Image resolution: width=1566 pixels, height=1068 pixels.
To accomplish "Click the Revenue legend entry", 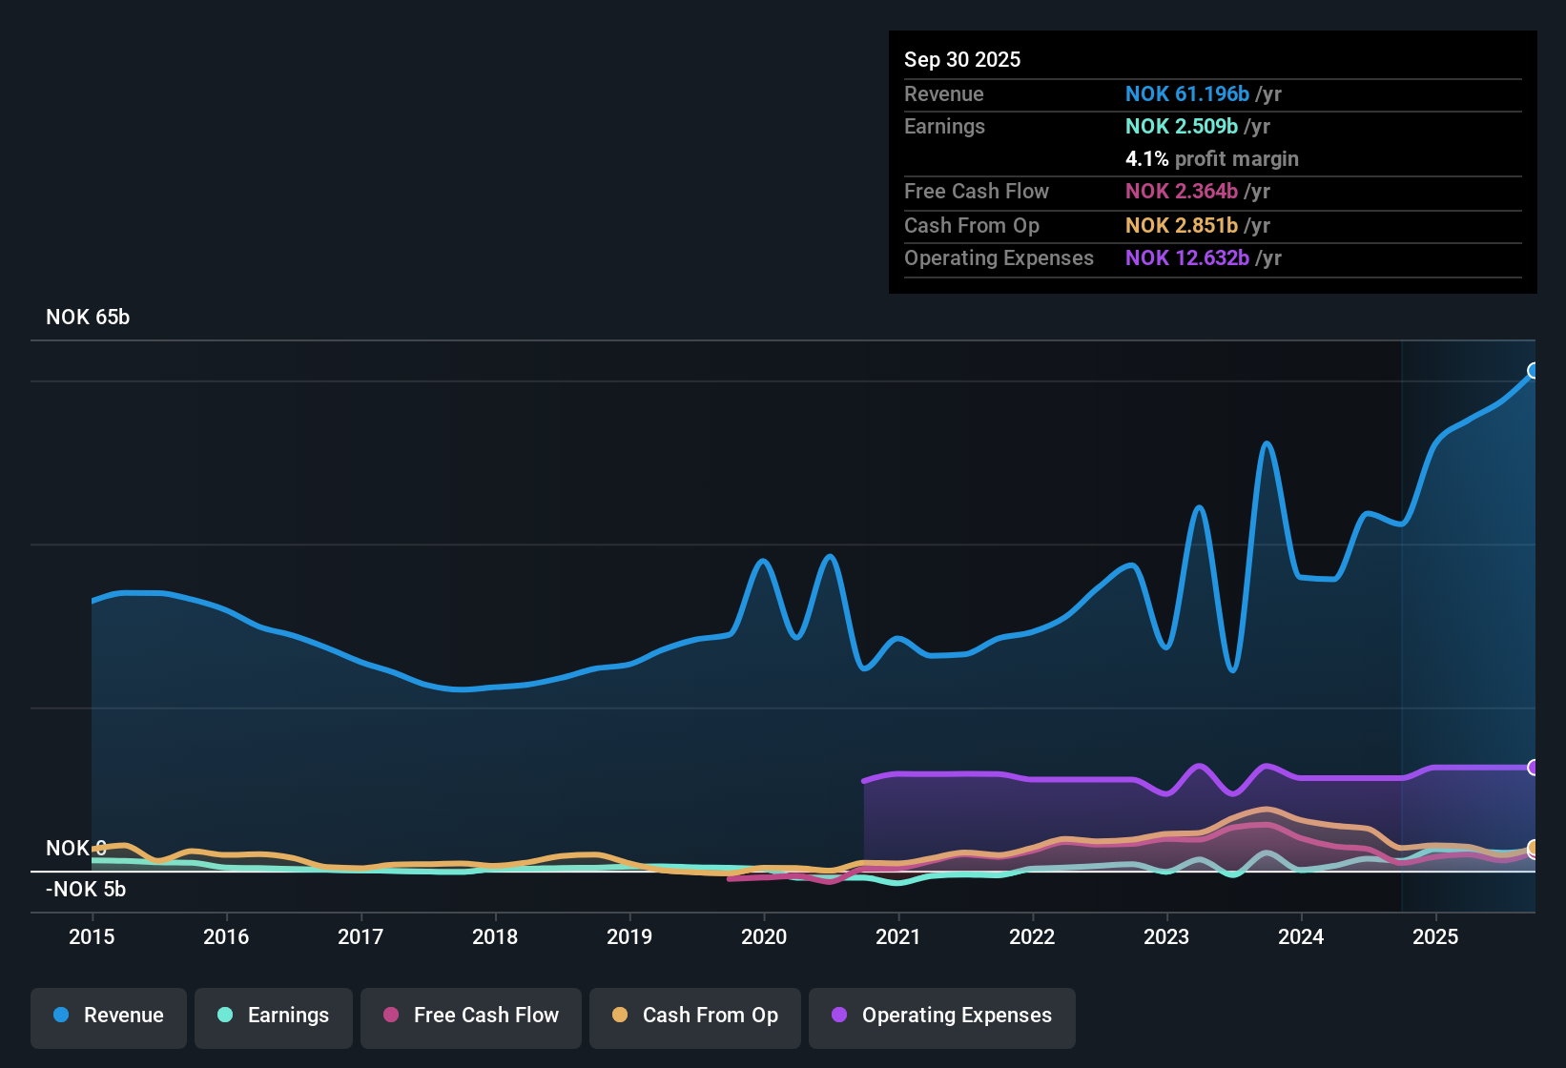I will tap(109, 1016).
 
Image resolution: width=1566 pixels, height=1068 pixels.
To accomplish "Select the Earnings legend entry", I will tap(274, 1016).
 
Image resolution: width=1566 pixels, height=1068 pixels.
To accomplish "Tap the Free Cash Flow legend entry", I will tap(471, 1016).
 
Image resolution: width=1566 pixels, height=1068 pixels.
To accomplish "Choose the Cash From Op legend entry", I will tap(695, 1016).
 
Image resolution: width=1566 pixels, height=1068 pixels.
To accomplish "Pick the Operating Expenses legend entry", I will tap(942, 1016).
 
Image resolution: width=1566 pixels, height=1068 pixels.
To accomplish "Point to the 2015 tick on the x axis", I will tap(92, 936).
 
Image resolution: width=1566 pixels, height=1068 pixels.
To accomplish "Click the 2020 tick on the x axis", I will tap(764, 936).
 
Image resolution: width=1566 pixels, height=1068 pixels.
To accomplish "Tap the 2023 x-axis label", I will tap(1166, 936).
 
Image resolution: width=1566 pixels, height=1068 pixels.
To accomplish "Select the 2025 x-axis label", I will tap(1435, 936).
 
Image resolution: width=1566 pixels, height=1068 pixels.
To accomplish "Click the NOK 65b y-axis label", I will tap(88, 318).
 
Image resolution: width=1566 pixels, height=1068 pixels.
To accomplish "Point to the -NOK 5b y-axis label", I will tap(86, 890).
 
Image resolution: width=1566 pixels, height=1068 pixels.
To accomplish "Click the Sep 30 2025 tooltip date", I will tap(962, 60).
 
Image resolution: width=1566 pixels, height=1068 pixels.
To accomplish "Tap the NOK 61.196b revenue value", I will tap(1186, 94).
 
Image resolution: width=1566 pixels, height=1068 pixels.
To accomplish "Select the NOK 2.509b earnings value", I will tap(1181, 127).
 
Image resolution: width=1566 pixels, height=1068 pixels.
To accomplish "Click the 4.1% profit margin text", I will tap(1211, 159).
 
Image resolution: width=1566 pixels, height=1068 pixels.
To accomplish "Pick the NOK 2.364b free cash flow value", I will tap(1181, 192).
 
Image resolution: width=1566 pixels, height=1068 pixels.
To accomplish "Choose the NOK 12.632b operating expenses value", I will tap(1186, 258).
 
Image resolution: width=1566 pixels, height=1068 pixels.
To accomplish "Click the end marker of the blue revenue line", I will tap(1534, 371).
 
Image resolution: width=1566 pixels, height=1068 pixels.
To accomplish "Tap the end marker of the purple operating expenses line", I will tap(1534, 768).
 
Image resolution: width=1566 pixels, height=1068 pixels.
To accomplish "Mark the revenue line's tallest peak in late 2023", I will tap(1267, 443).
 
